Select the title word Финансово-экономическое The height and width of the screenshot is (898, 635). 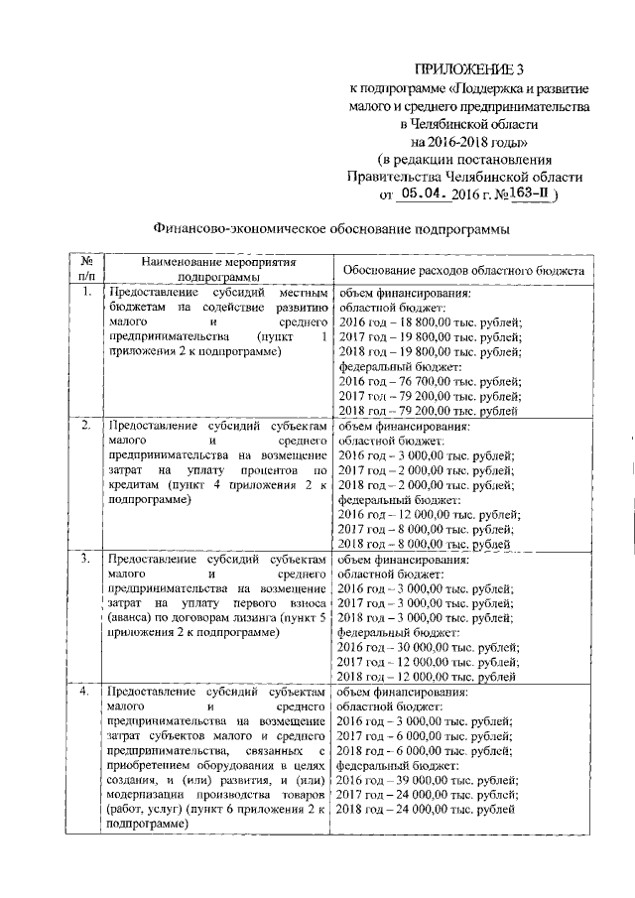point(233,228)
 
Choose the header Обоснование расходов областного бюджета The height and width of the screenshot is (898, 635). point(462,270)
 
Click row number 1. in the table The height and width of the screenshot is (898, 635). point(87,294)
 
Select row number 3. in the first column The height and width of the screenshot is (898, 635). point(87,560)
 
